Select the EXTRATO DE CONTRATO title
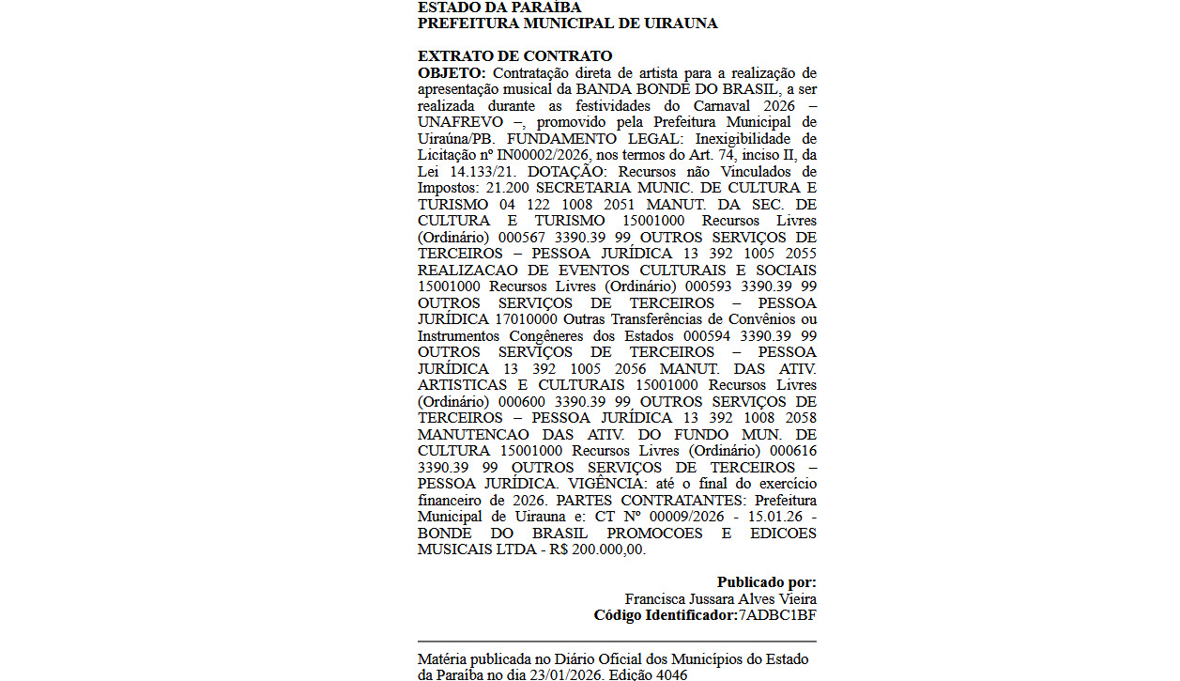[514, 56]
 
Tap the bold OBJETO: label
[452, 73]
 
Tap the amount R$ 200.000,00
[598, 549]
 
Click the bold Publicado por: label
[766, 582]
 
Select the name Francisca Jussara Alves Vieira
[720, 599]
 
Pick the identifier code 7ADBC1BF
[777, 615]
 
